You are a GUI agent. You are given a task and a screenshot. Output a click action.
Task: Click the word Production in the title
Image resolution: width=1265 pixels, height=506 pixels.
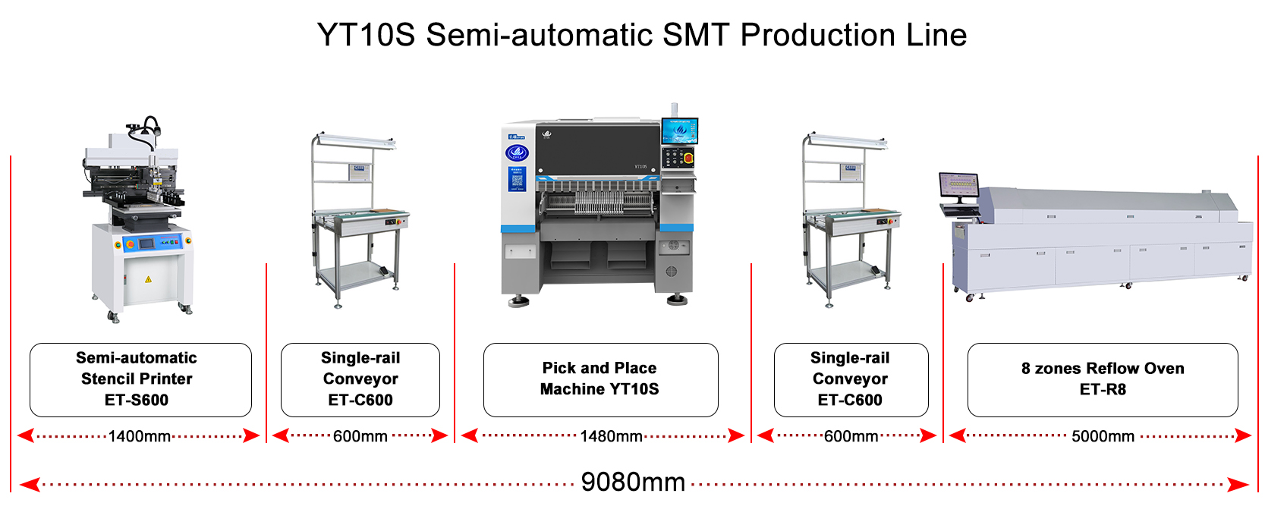click(818, 35)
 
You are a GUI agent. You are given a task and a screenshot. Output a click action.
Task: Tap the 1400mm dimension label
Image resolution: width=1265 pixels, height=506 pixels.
click(140, 436)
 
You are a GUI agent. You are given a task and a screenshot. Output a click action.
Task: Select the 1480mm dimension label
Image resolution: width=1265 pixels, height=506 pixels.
click(611, 436)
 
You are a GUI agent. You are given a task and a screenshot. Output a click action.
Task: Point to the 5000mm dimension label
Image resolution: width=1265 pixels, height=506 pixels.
click(1103, 436)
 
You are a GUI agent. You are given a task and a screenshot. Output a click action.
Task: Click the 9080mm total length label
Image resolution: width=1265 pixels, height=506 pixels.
click(633, 482)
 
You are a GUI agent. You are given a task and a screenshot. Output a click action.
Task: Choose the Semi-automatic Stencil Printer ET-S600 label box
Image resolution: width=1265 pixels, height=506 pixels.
click(140, 379)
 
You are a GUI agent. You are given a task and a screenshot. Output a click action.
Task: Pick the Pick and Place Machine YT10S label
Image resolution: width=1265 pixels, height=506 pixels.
click(600, 379)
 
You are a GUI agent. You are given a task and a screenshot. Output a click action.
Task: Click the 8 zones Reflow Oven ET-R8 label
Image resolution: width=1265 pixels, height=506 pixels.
click(1103, 379)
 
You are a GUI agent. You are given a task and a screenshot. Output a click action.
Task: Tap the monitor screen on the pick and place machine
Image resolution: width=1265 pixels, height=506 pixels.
click(680, 131)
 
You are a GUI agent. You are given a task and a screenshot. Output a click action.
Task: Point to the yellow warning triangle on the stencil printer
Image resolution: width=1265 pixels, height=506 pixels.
click(148, 279)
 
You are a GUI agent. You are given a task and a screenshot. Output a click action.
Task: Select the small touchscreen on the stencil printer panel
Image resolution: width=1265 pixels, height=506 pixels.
click(146, 243)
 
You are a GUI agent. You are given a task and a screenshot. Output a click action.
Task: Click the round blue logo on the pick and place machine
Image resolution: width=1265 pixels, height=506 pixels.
click(517, 152)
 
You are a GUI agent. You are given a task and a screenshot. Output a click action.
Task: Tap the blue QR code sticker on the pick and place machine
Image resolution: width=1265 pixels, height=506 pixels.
click(517, 179)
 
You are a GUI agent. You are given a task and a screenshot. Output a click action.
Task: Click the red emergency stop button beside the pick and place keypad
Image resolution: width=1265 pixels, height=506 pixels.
click(688, 158)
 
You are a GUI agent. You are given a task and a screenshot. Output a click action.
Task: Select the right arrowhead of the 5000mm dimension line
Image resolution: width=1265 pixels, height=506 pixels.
click(1243, 436)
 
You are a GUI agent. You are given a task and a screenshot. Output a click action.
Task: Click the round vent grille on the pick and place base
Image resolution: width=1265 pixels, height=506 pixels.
click(671, 272)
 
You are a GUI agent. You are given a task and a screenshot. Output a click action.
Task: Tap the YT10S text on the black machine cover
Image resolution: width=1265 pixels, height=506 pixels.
click(641, 167)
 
